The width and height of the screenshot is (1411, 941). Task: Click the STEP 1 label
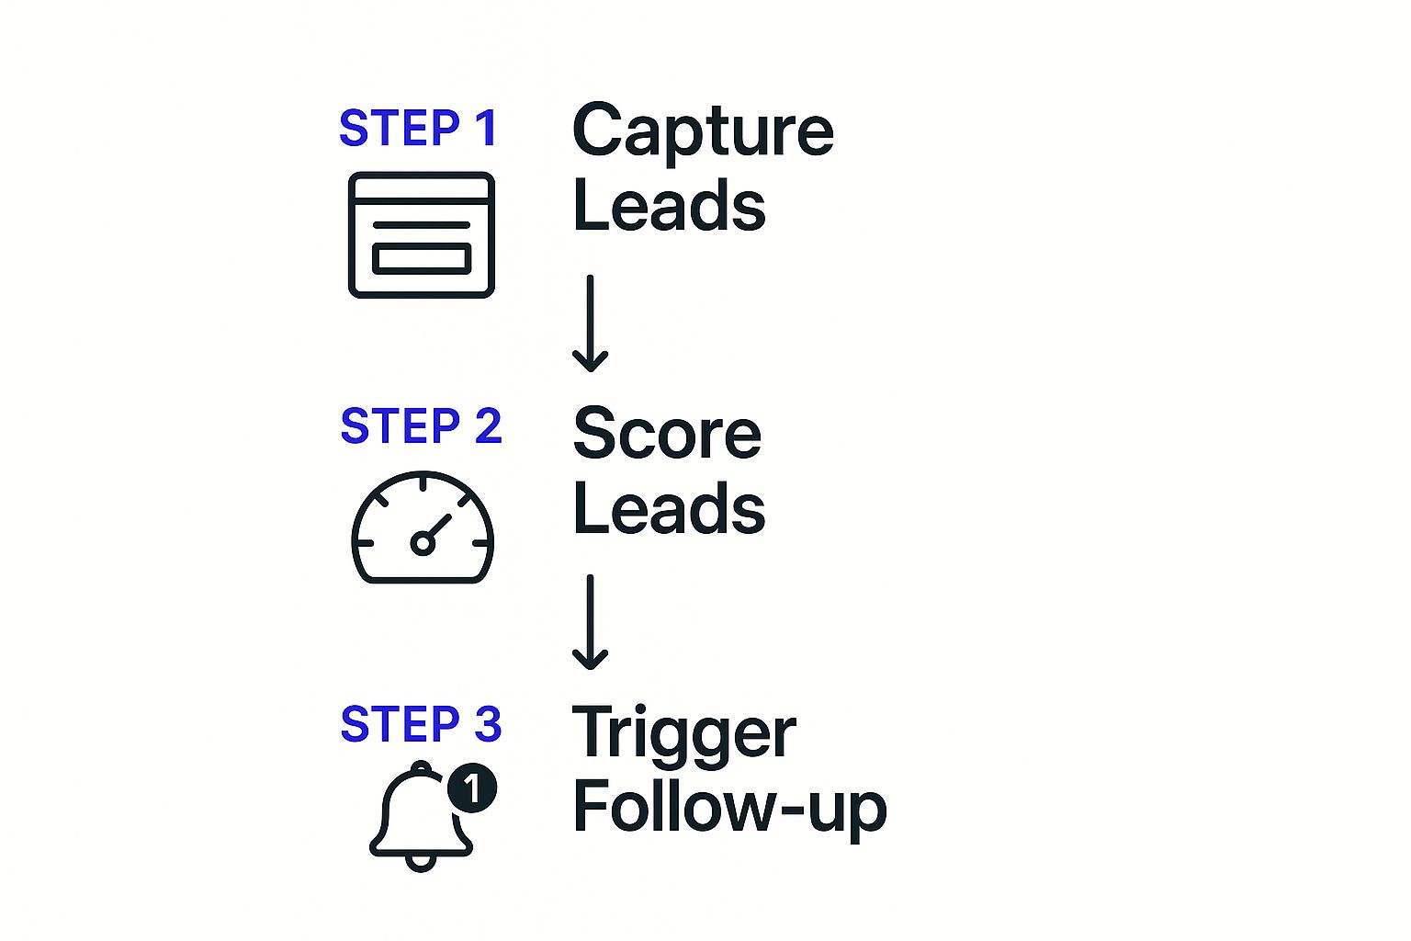coord(418,129)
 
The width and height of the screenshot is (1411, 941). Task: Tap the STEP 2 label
coord(421,426)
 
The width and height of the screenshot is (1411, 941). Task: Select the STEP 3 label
coord(421,724)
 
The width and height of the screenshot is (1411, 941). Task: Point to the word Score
coord(667,434)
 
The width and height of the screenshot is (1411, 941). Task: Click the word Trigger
coord(683,734)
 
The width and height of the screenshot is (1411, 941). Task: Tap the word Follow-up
coord(729,809)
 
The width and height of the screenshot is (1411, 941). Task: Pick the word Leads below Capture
coord(669,206)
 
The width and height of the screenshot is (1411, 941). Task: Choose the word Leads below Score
coord(669,508)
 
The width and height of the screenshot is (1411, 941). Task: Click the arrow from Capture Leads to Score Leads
coord(590,323)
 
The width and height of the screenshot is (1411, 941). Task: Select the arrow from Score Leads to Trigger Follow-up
coord(590,622)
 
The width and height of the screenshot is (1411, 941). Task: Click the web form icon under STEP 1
coord(422,235)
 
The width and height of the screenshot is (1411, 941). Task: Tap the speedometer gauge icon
coord(423,528)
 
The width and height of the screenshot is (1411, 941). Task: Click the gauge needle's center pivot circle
coord(422,543)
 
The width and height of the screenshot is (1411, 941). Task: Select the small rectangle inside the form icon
coord(422,259)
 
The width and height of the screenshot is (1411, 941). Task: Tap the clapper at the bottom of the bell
coord(421,862)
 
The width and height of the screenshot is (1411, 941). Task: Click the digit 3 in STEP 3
coord(488,724)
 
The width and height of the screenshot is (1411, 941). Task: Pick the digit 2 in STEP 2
coord(488,426)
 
